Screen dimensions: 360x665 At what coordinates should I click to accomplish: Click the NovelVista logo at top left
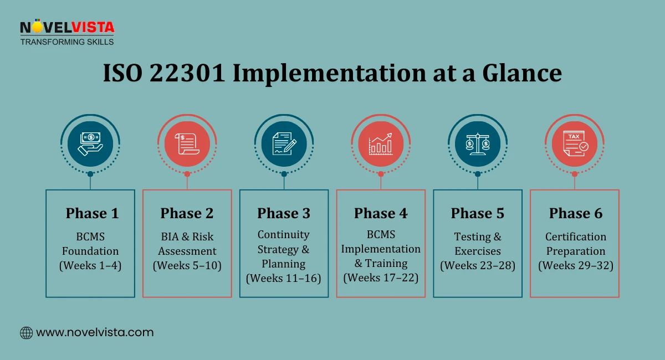coord(66,28)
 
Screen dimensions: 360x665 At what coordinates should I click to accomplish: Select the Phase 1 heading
coord(92,213)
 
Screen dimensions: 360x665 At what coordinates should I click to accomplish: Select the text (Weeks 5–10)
coord(187,265)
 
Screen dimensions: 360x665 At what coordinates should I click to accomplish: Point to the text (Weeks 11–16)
coord(284,278)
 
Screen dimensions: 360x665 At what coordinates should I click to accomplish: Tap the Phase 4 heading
coord(381,213)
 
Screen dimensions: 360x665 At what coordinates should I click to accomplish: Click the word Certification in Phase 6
coord(576,236)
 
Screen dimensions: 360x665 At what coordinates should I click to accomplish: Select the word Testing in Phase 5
coord(473,236)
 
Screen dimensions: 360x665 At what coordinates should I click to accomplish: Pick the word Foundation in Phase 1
coord(90,251)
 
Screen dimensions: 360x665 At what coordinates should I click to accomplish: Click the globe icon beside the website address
coord(26,332)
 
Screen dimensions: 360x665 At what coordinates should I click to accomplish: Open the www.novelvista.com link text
coord(95,332)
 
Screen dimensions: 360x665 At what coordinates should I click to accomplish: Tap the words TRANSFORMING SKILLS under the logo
coord(67,42)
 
